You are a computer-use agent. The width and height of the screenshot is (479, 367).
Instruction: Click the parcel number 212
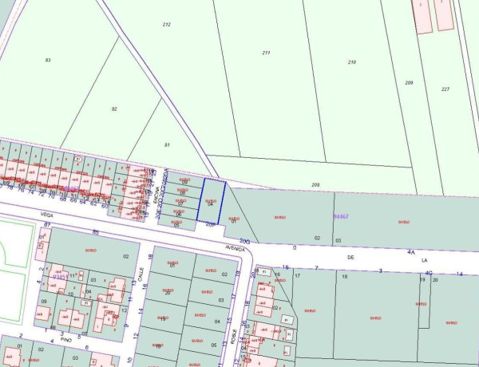[166, 25]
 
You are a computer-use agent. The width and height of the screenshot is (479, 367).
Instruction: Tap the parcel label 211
[265, 53]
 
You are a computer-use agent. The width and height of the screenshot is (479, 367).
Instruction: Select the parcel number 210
[351, 61]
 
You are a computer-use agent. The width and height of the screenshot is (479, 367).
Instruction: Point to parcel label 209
[409, 83]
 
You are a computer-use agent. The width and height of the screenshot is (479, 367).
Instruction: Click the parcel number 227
[445, 89]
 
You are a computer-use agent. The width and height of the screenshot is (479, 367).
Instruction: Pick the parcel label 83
[48, 60]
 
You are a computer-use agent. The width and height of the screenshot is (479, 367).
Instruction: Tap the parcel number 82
[114, 109]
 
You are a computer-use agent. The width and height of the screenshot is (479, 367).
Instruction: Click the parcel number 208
[315, 184]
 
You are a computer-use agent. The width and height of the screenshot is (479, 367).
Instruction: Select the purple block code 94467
[341, 215]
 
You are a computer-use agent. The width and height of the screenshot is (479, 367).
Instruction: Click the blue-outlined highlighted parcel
[212, 201]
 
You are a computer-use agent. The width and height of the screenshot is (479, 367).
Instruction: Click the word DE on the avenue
[350, 258]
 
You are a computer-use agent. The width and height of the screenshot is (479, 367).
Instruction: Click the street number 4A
[411, 251]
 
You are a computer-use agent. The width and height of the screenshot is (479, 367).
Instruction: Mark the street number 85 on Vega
[96, 232]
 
